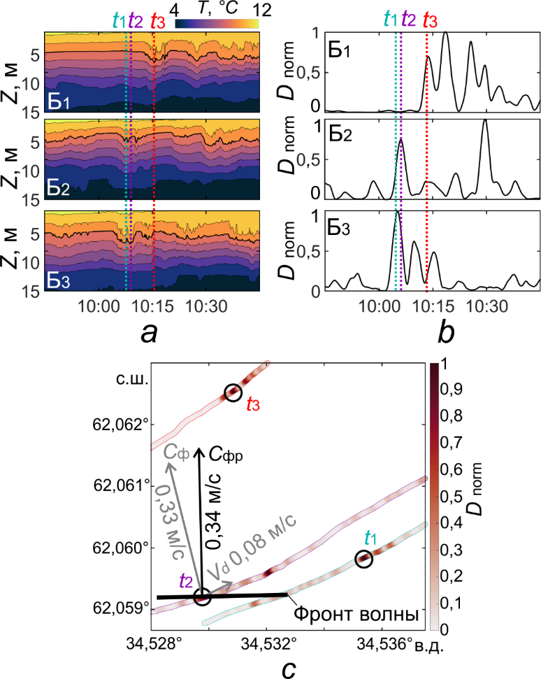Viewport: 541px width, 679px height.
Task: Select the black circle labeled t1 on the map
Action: [x=363, y=559]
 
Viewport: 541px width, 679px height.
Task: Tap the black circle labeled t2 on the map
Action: [x=202, y=596]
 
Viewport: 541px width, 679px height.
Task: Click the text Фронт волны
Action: [x=356, y=615]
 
